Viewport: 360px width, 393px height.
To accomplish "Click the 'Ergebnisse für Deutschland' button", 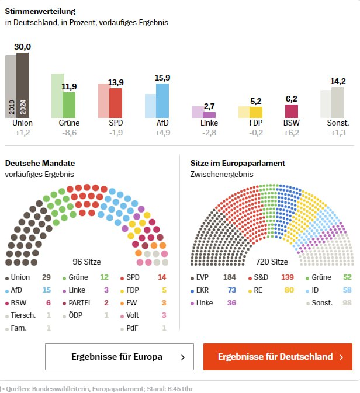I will click(278, 357).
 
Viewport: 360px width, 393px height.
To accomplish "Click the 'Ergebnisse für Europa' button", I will click(119, 357).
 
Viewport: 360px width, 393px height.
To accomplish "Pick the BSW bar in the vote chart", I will click(291, 111).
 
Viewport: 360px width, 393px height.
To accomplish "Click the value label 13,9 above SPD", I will click(116, 82).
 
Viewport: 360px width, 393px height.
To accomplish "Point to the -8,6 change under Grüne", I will click(69, 133).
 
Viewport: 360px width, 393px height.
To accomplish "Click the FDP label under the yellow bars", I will click(256, 123).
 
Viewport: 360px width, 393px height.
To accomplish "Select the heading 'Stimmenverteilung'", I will click(40, 11).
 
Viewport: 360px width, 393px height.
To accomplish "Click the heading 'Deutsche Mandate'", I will click(40, 163).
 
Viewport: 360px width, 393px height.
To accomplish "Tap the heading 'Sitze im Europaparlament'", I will click(238, 163).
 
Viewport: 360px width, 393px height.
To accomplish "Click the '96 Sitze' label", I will click(86, 262).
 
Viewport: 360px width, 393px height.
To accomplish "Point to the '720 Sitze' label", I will click(272, 262).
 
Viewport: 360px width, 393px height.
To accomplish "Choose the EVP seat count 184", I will click(230, 277).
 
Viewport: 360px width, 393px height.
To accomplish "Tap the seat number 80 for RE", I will click(289, 290).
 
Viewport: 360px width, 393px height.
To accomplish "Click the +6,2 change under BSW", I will click(291, 133).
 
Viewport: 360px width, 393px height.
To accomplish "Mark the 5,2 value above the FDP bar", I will click(256, 101).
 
